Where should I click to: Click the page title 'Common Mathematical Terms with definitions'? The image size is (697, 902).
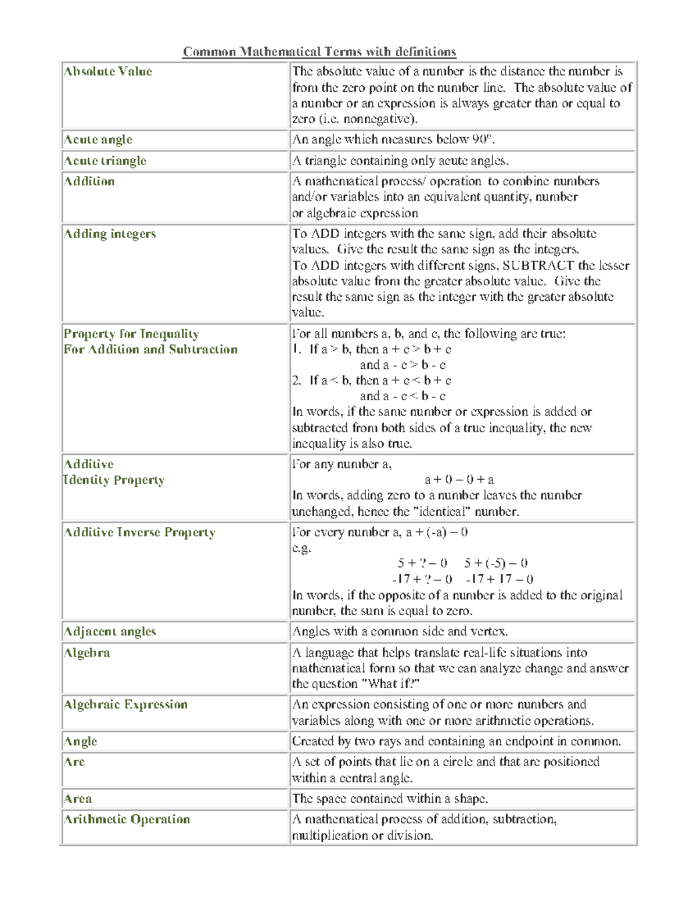coord(319,52)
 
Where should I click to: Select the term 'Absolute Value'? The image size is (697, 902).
coord(108,71)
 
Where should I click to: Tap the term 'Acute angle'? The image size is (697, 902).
coord(98,139)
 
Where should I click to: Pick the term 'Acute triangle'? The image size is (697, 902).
coord(105,161)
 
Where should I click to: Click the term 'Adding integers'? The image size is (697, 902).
coord(110,234)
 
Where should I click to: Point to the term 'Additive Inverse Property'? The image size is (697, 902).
coord(139,533)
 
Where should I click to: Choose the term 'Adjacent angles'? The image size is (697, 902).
coord(110,631)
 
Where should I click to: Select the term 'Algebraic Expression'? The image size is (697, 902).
coord(125,705)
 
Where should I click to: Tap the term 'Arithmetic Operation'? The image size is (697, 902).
coord(127,820)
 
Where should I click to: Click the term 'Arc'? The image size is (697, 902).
coord(74,762)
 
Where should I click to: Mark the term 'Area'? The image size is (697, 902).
coord(78,799)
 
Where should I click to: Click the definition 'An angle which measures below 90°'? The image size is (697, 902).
coord(393,139)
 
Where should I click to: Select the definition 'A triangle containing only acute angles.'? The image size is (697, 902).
coord(400,161)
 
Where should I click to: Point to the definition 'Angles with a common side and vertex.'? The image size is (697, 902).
coord(400,631)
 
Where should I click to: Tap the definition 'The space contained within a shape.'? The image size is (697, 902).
coord(390,799)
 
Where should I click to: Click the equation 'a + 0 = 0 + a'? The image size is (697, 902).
coord(459,480)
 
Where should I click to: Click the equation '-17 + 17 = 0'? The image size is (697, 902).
coord(500,579)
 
